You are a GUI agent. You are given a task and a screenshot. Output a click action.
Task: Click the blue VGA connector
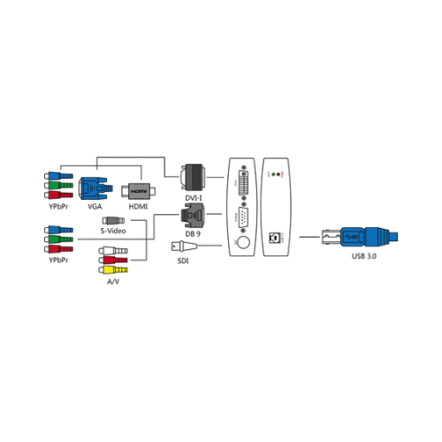[x=95, y=188]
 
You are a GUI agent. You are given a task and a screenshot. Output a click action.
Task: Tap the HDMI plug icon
[x=138, y=192]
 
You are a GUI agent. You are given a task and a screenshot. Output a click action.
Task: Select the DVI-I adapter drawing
[x=193, y=178]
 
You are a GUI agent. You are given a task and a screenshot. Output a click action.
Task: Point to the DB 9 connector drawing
[x=193, y=216]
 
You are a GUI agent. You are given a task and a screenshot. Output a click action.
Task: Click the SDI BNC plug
[x=184, y=246]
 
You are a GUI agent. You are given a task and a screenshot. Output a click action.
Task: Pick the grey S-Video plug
[x=113, y=220]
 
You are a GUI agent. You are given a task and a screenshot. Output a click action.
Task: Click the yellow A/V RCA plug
[x=113, y=270]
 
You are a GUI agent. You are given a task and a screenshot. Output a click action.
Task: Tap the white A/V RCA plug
[x=113, y=251]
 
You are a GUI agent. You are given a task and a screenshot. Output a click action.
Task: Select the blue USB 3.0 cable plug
[x=360, y=237]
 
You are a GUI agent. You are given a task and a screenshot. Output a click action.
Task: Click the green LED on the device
[x=273, y=174]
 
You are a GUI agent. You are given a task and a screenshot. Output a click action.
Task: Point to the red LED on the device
[x=278, y=174]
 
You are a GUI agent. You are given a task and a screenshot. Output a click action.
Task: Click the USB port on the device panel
[x=273, y=238]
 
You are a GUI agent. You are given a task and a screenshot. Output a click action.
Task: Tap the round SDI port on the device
[x=243, y=243]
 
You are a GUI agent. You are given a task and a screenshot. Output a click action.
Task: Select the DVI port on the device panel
[x=243, y=183]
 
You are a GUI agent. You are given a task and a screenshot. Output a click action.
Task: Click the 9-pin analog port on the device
[x=243, y=217]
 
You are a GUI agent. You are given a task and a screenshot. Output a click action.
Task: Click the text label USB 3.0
[x=364, y=256]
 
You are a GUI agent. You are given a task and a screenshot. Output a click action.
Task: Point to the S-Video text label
[x=113, y=231]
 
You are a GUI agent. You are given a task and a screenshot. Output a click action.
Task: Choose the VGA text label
[x=95, y=207]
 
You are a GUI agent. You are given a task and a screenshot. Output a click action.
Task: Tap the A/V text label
[x=113, y=282]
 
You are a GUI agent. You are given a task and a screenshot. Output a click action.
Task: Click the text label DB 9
[x=193, y=234]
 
